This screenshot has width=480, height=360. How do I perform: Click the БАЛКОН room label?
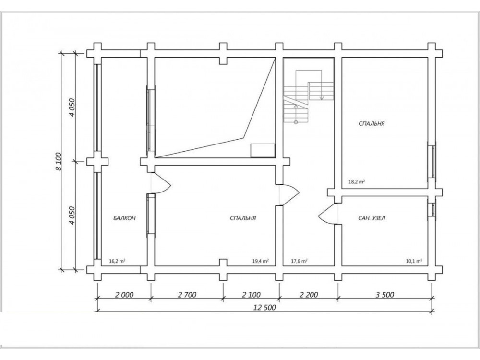pos(124,218)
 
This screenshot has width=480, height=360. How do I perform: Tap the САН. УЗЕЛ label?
pos(372,218)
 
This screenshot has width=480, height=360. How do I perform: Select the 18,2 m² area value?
pos(357,181)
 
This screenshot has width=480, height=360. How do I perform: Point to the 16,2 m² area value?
pos(117,261)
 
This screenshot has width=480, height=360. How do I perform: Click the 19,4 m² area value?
pos(261,261)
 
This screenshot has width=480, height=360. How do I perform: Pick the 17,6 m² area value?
pos(299,261)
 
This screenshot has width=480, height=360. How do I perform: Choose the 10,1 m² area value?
pos(414,261)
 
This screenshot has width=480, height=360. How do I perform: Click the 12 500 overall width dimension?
pos(264,307)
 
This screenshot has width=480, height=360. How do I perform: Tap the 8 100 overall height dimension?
pos(59,162)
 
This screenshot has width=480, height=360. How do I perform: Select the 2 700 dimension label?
pos(187,295)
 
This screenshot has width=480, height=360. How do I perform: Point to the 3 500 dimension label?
pos(385,295)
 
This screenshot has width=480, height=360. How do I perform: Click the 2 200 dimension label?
pos(309,295)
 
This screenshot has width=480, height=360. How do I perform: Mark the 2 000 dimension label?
pos(124,295)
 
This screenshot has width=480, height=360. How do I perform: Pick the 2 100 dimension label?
pos(252,295)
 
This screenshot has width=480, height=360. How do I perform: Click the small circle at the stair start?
pos(296,122)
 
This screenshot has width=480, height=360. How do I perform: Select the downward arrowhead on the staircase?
pos(322,98)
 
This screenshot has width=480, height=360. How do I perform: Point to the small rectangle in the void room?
pos(263,151)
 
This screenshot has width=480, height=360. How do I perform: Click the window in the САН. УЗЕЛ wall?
pos(432,209)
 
